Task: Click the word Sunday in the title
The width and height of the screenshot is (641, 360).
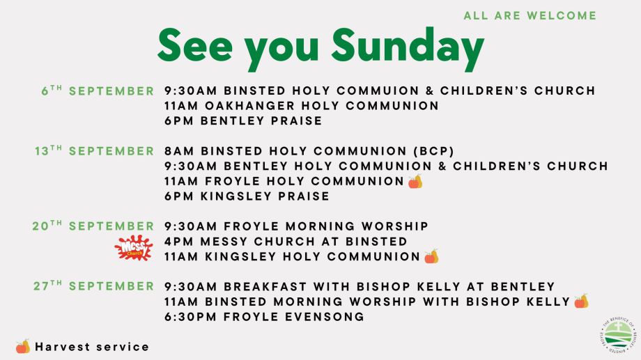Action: (x=408, y=47)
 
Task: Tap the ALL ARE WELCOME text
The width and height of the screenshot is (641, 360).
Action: (x=530, y=15)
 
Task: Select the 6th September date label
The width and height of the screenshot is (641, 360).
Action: (x=98, y=91)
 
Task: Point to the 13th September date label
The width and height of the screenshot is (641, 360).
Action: (x=95, y=150)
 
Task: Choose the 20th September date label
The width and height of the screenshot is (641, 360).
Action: (x=93, y=226)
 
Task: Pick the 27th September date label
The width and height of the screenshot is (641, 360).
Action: (x=93, y=285)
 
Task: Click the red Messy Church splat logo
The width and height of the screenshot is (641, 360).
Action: (x=134, y=248)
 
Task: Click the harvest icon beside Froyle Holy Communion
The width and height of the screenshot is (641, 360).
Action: (x=415, y=182)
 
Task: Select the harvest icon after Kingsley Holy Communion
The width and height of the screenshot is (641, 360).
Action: (x=431, y=257)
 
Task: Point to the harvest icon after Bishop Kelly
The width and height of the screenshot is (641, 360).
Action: (x=581, y=301)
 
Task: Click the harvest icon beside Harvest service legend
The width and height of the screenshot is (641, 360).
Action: (x=23, y=347)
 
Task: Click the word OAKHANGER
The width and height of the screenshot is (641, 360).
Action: (x=249, y=105)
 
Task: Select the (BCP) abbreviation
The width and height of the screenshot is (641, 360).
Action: (x=434, y=151)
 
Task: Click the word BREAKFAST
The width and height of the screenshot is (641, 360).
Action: (x=265, y=286)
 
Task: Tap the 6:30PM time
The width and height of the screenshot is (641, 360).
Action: (x=190, y=317)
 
